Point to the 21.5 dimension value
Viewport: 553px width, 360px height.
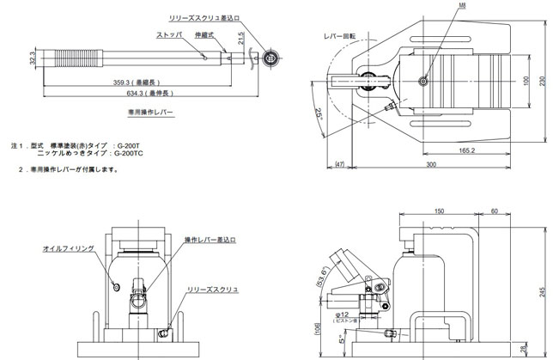point(241,38)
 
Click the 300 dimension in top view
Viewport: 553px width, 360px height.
point(428,162)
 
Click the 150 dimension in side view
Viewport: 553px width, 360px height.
point(438,211)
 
